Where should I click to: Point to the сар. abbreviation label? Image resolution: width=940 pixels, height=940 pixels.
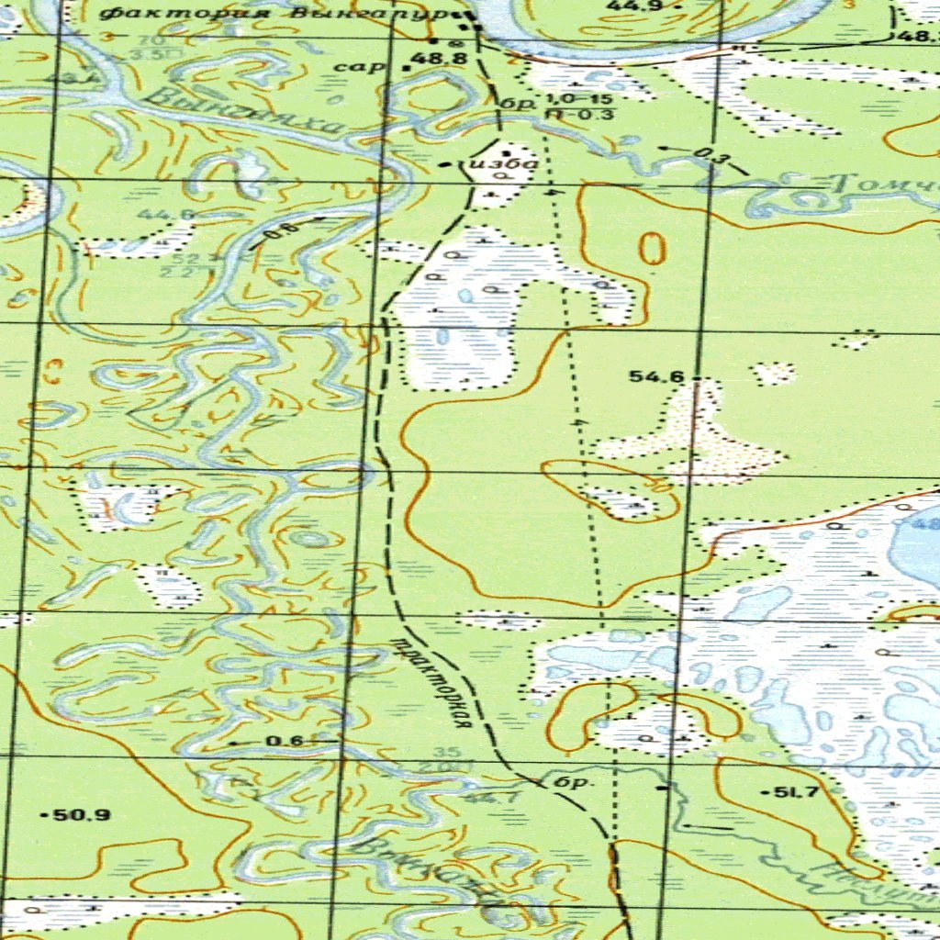point(352,66)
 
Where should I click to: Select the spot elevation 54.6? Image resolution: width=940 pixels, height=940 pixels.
point(656,376)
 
